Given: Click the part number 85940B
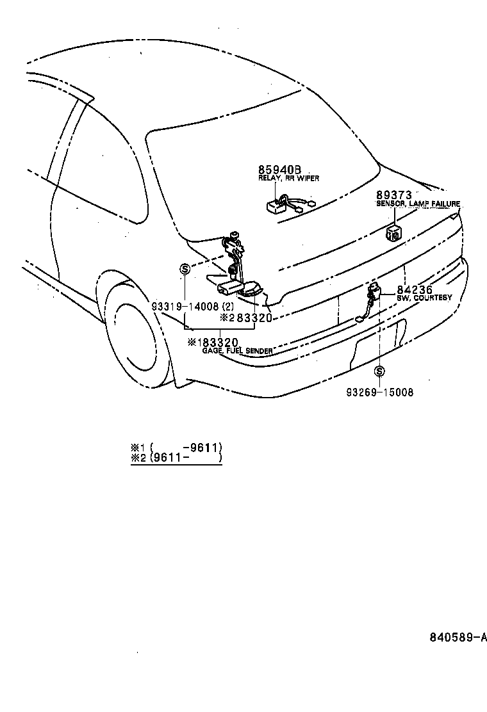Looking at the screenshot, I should coord(279,170).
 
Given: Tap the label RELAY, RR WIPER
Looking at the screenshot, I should coord(288,179).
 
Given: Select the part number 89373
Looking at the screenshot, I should coord(393,195).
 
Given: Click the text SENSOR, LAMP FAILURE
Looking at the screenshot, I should coord(418,204).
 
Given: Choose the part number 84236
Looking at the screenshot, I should coord(415,289).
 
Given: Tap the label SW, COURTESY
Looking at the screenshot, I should coord(424,298).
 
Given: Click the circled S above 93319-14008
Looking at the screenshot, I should coord(185,270).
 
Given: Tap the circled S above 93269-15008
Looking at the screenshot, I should coord(379,371).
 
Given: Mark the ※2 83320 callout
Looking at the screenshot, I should coord(246,318).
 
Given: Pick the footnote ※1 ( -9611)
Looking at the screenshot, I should coord(176,447).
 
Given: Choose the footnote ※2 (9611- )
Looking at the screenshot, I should coord(176,458).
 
